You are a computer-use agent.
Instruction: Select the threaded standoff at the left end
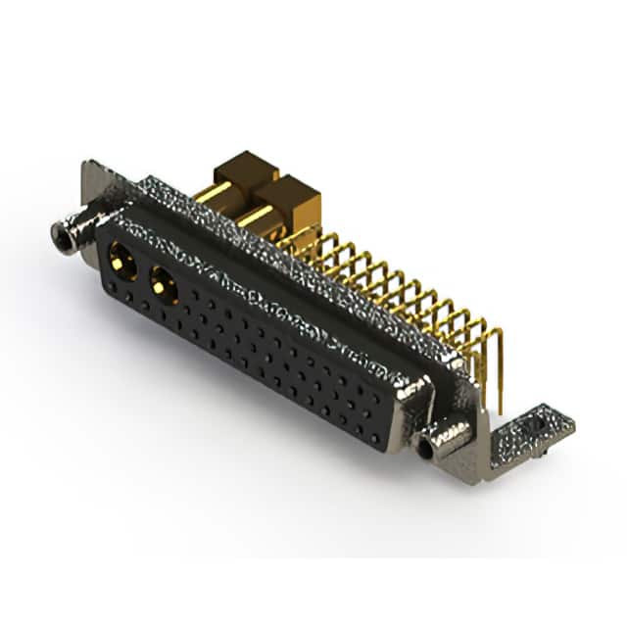point(66,235)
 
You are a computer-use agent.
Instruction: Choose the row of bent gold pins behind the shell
point(392,284)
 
